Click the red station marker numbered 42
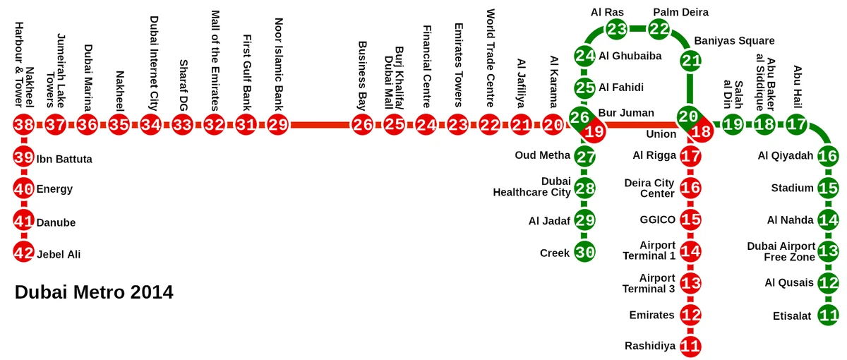pos(24,252)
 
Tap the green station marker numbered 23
pos(616,29)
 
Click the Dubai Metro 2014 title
pos(94,292)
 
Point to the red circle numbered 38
pos(24,126)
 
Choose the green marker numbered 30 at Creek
pos(584,252)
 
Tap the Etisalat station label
pos(792,316)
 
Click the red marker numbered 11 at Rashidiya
pos(690,346)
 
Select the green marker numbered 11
pos(829,314)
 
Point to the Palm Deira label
pos(680,12)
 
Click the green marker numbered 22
pos(659,29)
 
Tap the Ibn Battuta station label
pos(64,159)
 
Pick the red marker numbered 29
pos(278,126)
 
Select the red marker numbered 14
pos(690,251)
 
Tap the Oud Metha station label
pos(542,155)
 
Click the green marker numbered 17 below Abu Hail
pos(797,126)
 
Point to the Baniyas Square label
pos(734,41)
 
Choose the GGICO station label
pos(658,220)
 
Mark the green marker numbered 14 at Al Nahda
pos(829,220)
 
